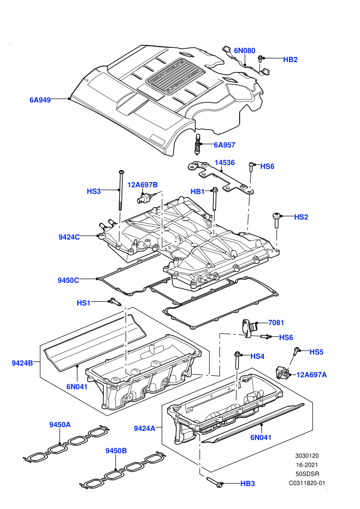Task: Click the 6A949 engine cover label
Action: (x=40, y=100)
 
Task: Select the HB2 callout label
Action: (x=290, y=60)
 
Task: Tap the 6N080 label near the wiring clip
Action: (x=245, y=50)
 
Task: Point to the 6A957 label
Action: (x=224, y=145)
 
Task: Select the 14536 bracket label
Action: (x=225, y=162)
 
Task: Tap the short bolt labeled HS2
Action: (x=276, y=221)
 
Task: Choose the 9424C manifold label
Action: (x=69, y=238)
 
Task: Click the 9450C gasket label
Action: (x=68, y=280)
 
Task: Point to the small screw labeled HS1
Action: (x=115, y=302)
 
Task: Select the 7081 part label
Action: (x=276, y=323)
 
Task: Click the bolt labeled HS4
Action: (x=237, y=360)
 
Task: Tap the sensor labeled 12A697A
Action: (x=281, y=372)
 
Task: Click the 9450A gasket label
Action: (x=60, y=425)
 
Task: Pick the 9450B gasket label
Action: (x=116, y=451)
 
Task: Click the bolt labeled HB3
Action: (x=215, y=482)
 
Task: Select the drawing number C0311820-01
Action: (x=307, y=483)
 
